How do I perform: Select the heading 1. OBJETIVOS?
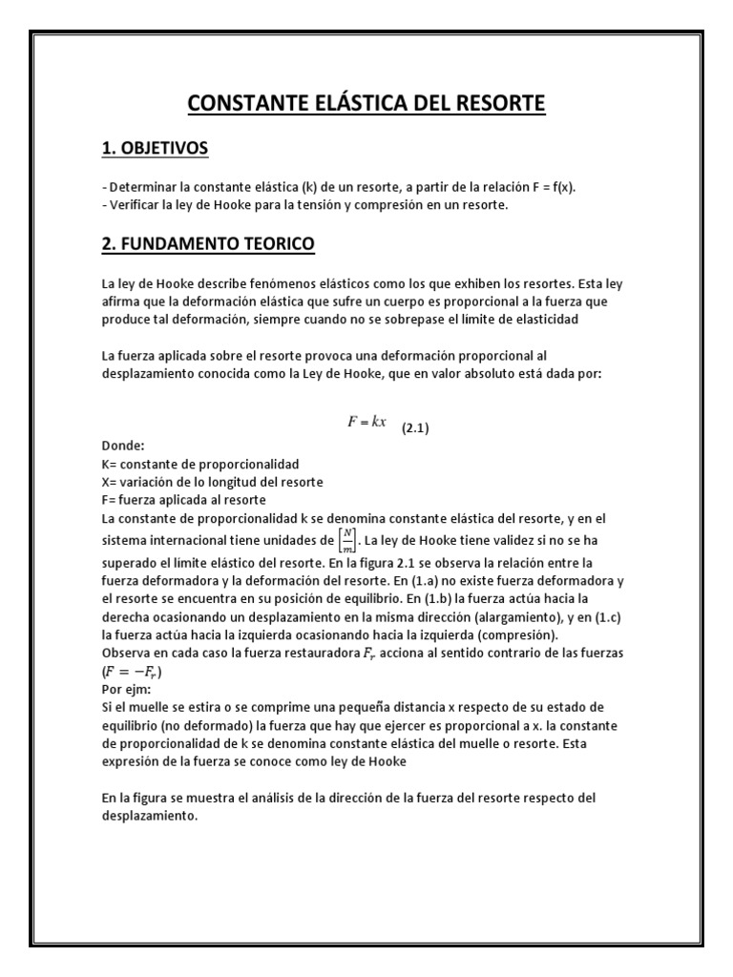155,149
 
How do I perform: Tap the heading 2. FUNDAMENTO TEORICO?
207,245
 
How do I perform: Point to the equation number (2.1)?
414,428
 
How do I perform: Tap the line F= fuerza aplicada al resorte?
183,499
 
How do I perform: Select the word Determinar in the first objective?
141,187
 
